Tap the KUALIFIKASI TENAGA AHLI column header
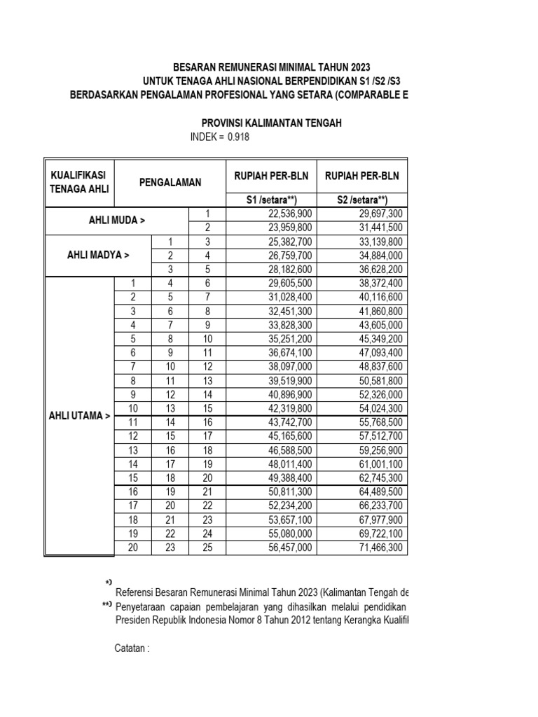pos(79,182)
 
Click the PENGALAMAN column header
pos(170,182)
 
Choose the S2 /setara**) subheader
pos(362,200)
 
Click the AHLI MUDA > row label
pos(116,221)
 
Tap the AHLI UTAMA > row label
pos(79,415)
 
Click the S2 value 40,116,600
pos(378,298)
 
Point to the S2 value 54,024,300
pos(378,409)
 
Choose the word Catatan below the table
pos(131,648)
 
